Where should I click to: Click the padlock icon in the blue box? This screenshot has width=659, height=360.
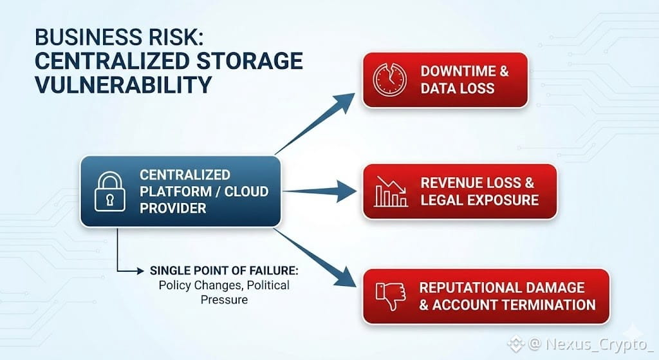[x=109, y=191]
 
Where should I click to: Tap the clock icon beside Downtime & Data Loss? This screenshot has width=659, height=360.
[x=390, y=80]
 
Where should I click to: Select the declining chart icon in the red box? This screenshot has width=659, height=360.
[x=390, y=191]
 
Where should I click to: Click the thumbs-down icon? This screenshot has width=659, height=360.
[x=390, y=296]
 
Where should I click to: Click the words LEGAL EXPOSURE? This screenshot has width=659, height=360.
[x=479, y=199]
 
